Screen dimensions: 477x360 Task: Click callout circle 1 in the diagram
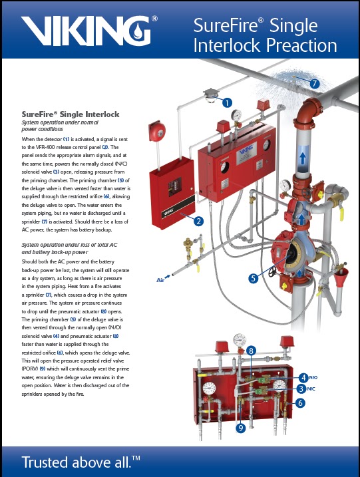(x=228, y=102)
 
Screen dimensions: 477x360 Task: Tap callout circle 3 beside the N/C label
(x=301, y=389)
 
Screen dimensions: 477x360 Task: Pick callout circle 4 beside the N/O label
(x=303, y=377)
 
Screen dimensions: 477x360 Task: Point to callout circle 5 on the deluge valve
(x=253, y=279)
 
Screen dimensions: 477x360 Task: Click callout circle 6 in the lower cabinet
(x=300, y=402)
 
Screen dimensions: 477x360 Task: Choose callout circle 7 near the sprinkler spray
(x=315, y=84)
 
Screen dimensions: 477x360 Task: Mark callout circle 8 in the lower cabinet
(x=251, y=350)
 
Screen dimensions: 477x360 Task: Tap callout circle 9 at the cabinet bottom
(x=241, y=428)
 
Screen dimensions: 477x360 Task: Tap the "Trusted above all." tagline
(x=83, y=462)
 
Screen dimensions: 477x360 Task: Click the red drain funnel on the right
(x=343, y=274)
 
